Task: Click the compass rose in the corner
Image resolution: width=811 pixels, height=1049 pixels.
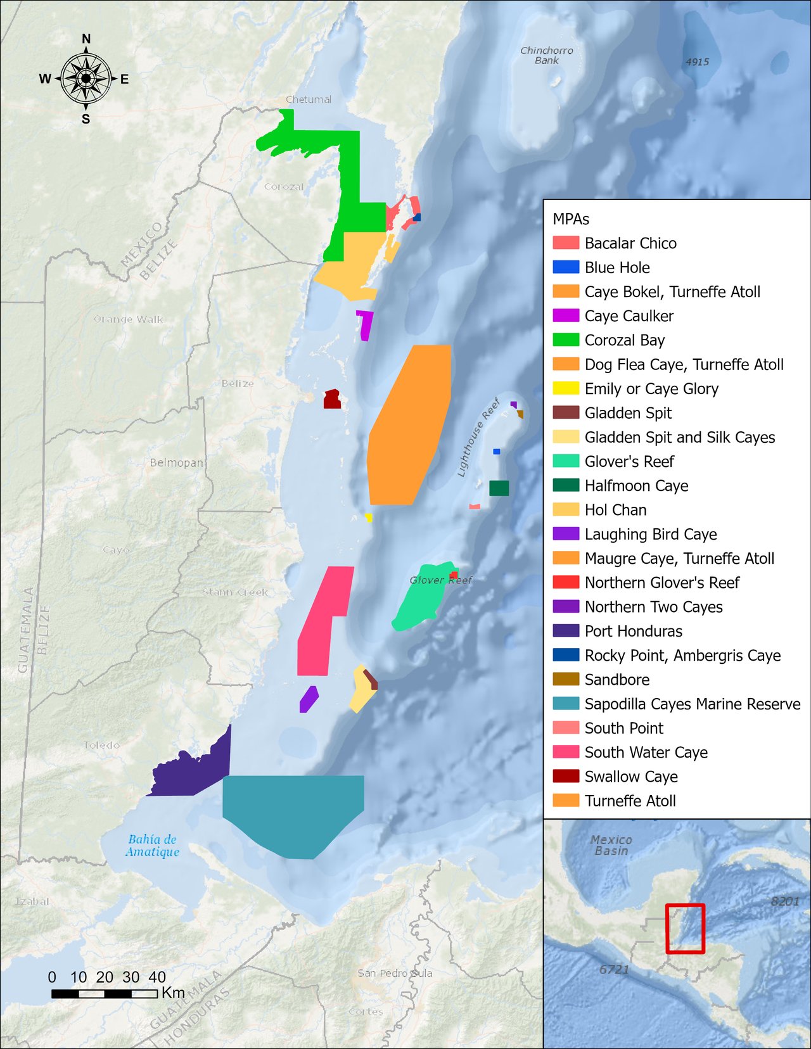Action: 86,79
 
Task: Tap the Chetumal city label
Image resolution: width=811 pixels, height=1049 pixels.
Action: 309,99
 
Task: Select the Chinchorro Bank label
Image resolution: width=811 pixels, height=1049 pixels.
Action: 546,55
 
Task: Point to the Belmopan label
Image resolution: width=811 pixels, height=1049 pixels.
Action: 176,462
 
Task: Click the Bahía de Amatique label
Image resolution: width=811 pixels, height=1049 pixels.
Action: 152,846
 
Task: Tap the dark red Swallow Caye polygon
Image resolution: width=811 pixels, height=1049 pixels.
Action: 332,400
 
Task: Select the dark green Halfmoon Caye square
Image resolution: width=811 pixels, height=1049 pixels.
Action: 499,488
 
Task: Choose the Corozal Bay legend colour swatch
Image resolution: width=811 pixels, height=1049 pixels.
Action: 566,340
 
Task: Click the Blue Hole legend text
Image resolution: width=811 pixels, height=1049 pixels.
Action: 617,268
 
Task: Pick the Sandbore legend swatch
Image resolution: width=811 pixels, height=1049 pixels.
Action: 566,680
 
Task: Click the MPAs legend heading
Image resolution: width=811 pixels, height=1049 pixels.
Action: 571,219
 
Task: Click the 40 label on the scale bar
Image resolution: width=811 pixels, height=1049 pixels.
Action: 157,977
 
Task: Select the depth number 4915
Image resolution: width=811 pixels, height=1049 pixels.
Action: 697,62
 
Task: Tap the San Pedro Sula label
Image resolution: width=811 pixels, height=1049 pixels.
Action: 395,973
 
